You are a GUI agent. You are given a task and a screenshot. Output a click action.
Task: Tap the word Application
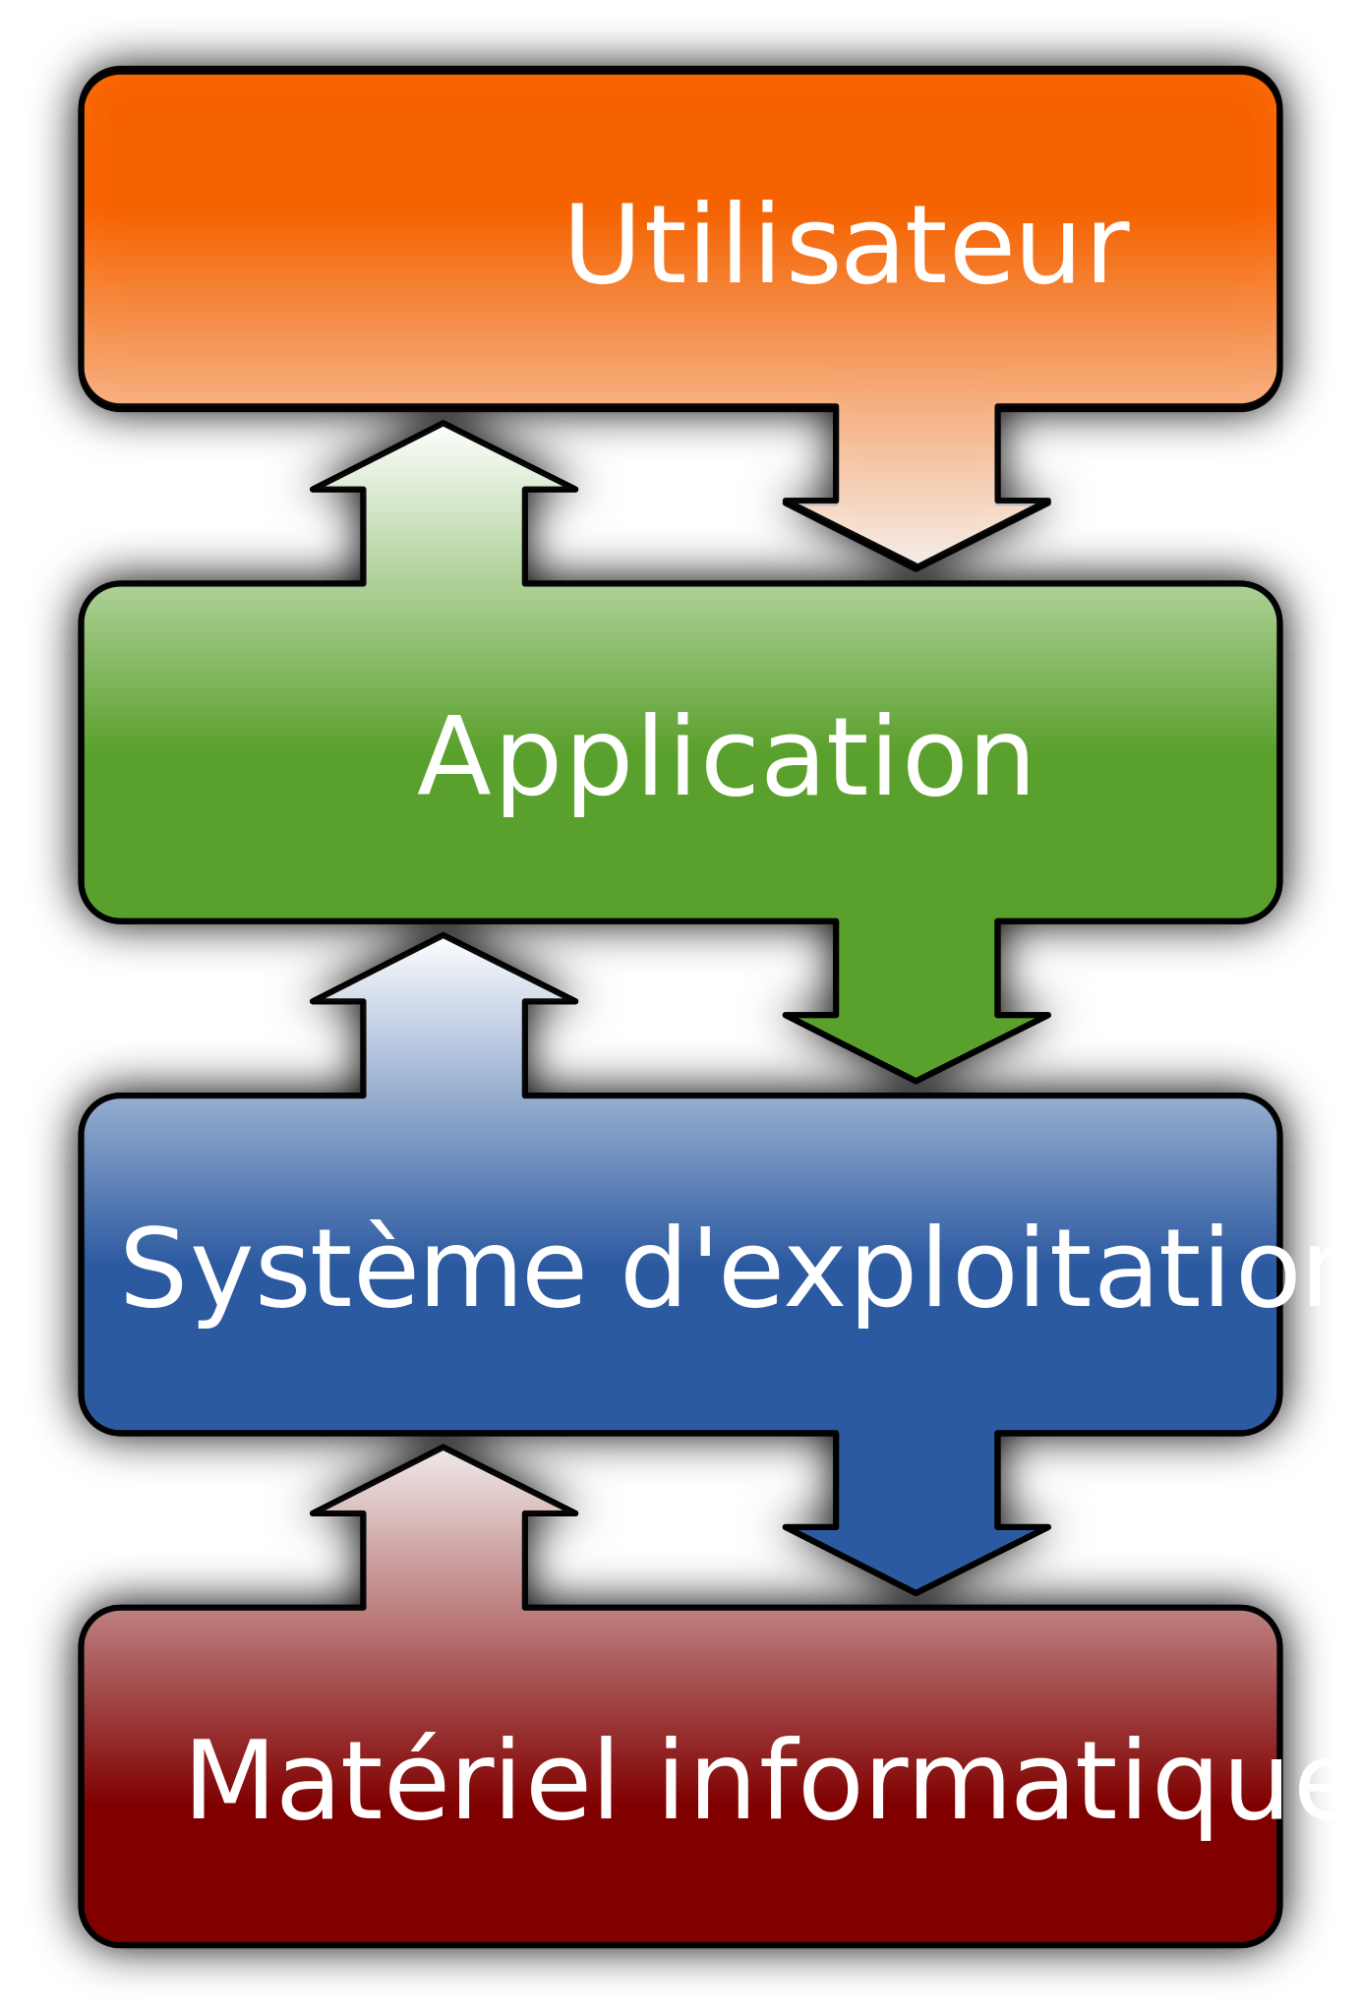click(726, 757)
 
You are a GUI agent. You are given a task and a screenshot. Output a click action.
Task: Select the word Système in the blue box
click(353, 1270)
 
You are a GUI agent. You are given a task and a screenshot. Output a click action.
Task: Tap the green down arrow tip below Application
click(916, 1071)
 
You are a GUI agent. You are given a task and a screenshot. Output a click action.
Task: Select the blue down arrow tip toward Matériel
click(916, 1582)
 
